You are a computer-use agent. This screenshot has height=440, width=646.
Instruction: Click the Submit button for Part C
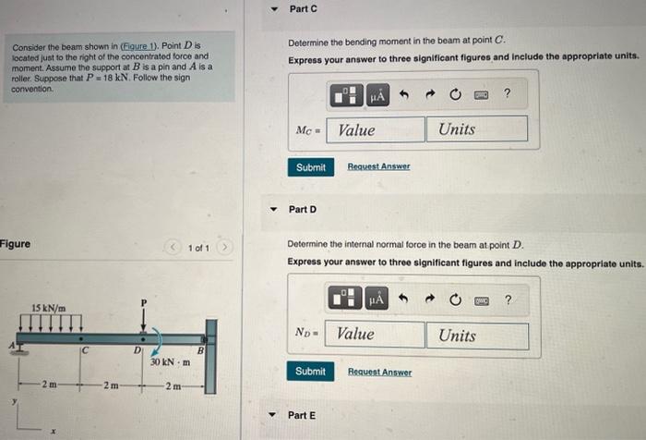(x=310, y=167)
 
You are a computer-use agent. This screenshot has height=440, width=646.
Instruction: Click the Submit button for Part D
(x=310, y=372)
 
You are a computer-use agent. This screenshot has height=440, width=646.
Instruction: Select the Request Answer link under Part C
(x=378, y=166)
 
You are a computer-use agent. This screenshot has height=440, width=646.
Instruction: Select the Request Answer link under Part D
(x=378, y=372)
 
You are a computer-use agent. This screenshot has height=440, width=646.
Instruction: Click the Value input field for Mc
(x=377, y=129)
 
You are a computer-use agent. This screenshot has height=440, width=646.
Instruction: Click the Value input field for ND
(x=377, y=335)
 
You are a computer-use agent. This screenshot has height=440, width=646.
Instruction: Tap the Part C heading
(x=303, y=8)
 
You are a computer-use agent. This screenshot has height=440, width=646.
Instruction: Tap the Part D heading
(x=303, y=210)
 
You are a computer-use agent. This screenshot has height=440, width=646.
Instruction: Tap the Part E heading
(x=303, y=415)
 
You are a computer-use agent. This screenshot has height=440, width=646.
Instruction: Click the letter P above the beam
(x=144, y=301)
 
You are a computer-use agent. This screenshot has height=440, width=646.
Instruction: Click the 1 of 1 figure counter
(x=198, y=249)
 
